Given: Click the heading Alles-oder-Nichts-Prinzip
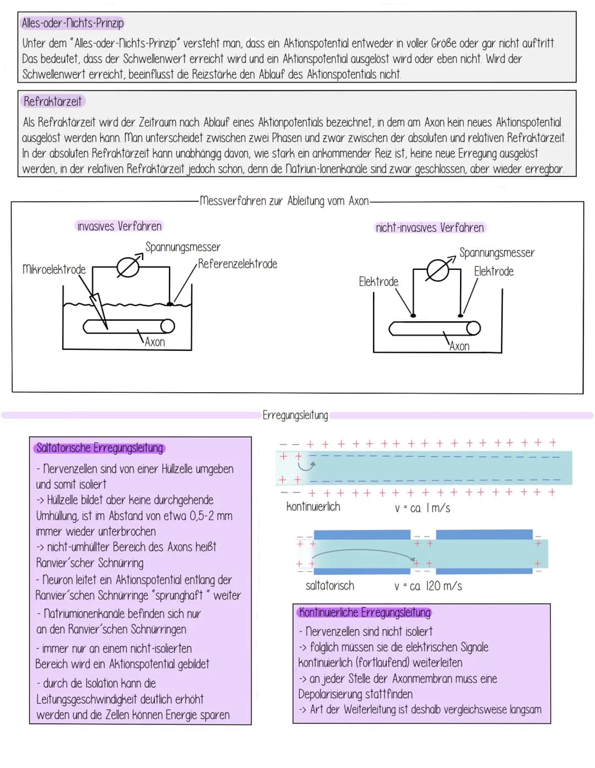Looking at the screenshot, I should pos(73,23).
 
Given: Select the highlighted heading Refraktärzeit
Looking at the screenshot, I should pos(53,101).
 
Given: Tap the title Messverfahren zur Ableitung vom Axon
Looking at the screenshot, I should pos(284,201).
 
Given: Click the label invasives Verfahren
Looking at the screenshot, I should pos(119,226).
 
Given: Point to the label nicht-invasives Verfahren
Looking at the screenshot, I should pos(430,228).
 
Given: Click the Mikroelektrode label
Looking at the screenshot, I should pos(54,269).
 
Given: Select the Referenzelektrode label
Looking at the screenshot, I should pos(237,264).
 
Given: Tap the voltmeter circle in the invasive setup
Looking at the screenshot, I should pos(128,268).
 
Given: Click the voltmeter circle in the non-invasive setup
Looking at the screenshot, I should pos(438,271).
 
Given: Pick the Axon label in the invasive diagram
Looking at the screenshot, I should pos(155,342).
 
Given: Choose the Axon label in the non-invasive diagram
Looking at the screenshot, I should pos(459,347).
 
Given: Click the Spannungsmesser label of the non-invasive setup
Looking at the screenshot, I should pos(497,253).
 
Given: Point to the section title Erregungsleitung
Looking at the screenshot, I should pos(295,415).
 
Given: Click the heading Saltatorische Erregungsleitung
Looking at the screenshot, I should pos(100,448).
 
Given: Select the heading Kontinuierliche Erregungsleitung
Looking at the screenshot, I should pos(365,613).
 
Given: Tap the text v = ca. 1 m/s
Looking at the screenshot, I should pos(423,508).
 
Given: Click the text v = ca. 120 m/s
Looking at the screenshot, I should pos(428,586).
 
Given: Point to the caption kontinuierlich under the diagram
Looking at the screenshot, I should pos(313,507).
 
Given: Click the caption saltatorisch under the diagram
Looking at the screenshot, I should pos(330,586).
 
